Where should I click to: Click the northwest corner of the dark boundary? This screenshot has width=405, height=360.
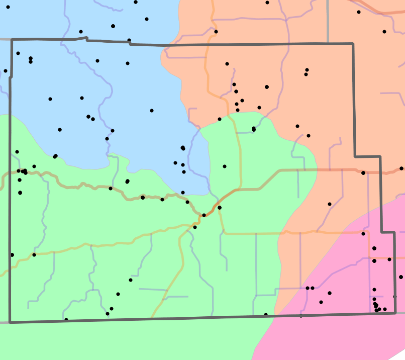click(x=12, y=39)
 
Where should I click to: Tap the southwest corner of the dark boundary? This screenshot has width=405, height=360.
click(x=10, y=322)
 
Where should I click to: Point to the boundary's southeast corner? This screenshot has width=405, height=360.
click(x=394, y=313)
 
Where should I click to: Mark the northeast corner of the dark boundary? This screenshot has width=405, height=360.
click(x=353, y=44)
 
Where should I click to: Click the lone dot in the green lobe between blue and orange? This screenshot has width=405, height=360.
click(x=225, y=166)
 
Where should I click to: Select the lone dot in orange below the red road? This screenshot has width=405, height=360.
click(x=330, y=204)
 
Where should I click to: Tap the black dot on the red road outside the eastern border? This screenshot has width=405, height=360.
click(x=401, y=168)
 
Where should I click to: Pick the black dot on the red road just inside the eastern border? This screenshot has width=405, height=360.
click(x=363, y=173)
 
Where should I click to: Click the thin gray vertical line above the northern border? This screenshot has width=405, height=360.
click(x=328, y=20)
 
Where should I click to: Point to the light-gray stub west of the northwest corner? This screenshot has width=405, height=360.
click(x=5, y=39)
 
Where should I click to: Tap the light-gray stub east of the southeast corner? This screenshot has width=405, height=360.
click(x=400, y=313)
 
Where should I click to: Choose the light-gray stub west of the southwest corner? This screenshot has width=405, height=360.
click(x=4, y=322)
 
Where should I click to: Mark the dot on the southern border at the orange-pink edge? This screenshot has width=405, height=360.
click(x=301, y=316)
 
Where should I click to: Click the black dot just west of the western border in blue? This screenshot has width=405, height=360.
click(x=6, y=71)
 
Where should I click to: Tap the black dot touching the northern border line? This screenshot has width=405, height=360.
click(x=129, y=40)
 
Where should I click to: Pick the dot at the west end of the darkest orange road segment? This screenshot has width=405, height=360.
click(x=204, y=215)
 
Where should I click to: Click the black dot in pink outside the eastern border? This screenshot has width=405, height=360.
click(x=401, y=277)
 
